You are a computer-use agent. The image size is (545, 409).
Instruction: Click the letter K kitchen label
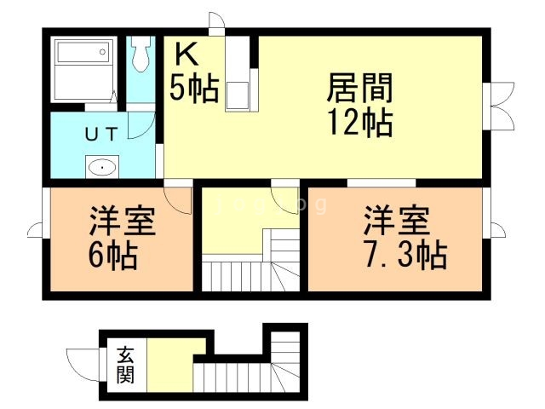pyautogui.click(x=187, y=55)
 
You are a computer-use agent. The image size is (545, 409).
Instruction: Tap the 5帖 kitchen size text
pyautogui.click(x=193, y=89)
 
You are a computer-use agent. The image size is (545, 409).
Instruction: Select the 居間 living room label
pyautogui.click(x=360, y=89)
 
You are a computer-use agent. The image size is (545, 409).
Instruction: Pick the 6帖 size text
pyautogui.click(x=111, y=253)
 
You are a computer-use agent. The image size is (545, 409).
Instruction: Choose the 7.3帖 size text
pyautogui.click(x=402, y=253)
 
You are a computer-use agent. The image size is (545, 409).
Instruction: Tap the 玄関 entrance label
pyautogui.click(x=125, y=365)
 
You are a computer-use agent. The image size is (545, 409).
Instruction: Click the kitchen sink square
pyautogui.click(x=238, y=95)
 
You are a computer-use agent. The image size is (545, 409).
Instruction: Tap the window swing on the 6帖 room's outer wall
pyautogui.click(x=36, y=229)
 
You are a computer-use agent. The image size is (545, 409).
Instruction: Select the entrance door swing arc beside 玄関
pyautogui.click(x=84, y=361)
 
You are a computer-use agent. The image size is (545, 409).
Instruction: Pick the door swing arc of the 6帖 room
pyautogui.click(x=179, y=199)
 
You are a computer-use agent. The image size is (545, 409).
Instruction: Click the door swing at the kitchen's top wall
pyautogui.click(x=216, y=22)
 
